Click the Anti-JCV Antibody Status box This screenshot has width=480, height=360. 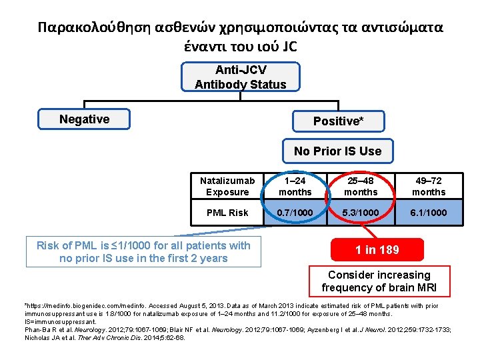click(x=240, y=77)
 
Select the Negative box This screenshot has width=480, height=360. click(x=84, y=119)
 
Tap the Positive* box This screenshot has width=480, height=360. click(x=338, y=121)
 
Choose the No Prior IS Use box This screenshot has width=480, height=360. click(x=337, y=151)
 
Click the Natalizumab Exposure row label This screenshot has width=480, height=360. click(x=227, y=187)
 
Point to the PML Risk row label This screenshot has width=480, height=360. click(x=227, y=213)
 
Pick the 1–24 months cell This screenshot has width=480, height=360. click(x=295, y=187)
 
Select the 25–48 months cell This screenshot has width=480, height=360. click(x=361, y=187)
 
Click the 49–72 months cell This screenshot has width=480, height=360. click(x=429, y=187)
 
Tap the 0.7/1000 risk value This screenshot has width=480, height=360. click(x=295, y=213)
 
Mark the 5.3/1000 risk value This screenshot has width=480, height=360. click(x=361, y=213)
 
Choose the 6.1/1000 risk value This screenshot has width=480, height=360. click(x=429, y=213)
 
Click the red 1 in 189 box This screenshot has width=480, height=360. click(x=377, y=250)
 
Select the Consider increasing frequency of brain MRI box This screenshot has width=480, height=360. click(x=379, y=281)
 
